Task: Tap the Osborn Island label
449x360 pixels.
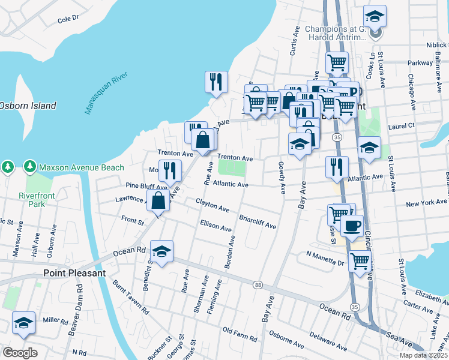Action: (27, 106)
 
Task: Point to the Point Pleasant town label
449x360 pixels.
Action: (74, 272)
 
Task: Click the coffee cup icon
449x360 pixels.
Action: (352, 225)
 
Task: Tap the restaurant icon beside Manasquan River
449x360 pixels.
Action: (216, 81)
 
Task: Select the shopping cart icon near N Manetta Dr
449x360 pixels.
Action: (360, 261)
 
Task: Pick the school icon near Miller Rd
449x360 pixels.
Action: (23, 323)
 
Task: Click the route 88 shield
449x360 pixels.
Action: (258, 284)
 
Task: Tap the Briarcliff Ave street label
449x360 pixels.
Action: (258, 222)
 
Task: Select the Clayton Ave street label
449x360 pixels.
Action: (212, 205)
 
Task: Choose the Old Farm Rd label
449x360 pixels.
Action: (240, 331)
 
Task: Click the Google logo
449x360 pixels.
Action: (20, 352)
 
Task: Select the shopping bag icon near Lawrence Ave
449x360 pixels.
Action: (158, 200)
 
